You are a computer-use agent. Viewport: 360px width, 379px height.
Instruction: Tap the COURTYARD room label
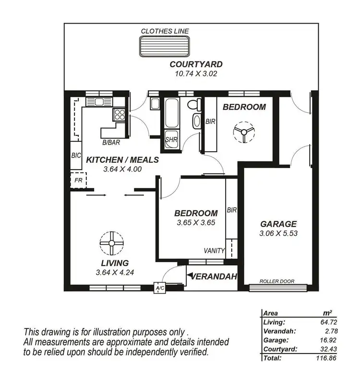(x=195, y=64)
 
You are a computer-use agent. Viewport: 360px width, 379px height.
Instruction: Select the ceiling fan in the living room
(x=112, y=244)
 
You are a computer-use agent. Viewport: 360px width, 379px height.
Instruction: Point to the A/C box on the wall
(x=159, y=288)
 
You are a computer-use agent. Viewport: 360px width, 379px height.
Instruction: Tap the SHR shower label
(x=171, y=139)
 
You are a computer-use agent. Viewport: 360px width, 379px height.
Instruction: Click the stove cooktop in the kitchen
(x=119, y=114)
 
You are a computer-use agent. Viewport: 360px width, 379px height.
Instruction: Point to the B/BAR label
(x=111, y=143)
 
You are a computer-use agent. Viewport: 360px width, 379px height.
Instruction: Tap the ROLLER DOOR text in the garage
(x=276, y=281)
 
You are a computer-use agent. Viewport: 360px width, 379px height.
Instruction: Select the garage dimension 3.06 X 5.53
(x=278, y=233)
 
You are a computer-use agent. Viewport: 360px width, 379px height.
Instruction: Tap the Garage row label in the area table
(x=276, y=340)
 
